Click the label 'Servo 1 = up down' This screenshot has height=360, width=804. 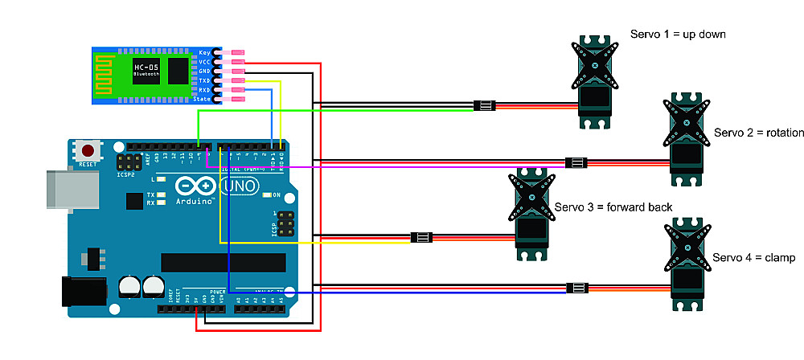pyautogui.click(x=679, y=35)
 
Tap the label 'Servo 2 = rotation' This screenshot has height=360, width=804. pyautogui.click(x=753, y=132)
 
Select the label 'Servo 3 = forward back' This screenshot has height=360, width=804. pyautogui.click(x=613, y=207)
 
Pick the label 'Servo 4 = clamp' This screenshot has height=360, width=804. pyautogui.click(x=753, y=258)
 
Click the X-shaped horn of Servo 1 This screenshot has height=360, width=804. pyautogui.click(x=597, y=67)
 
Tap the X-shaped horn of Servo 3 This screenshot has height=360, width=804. pyautogui.click(x=531, y=198)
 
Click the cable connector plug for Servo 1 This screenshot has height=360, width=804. pyautogui.click(x=484, y=105)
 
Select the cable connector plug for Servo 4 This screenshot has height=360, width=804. pyautogui.click(x=576, y=288)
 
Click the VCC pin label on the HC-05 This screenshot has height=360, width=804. pyautogui.click(x=205, y=61)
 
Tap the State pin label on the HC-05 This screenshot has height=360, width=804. pyautogui.click(x=203, y=99)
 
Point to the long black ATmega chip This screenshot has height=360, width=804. pyautogui.click(x=223, y=263)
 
